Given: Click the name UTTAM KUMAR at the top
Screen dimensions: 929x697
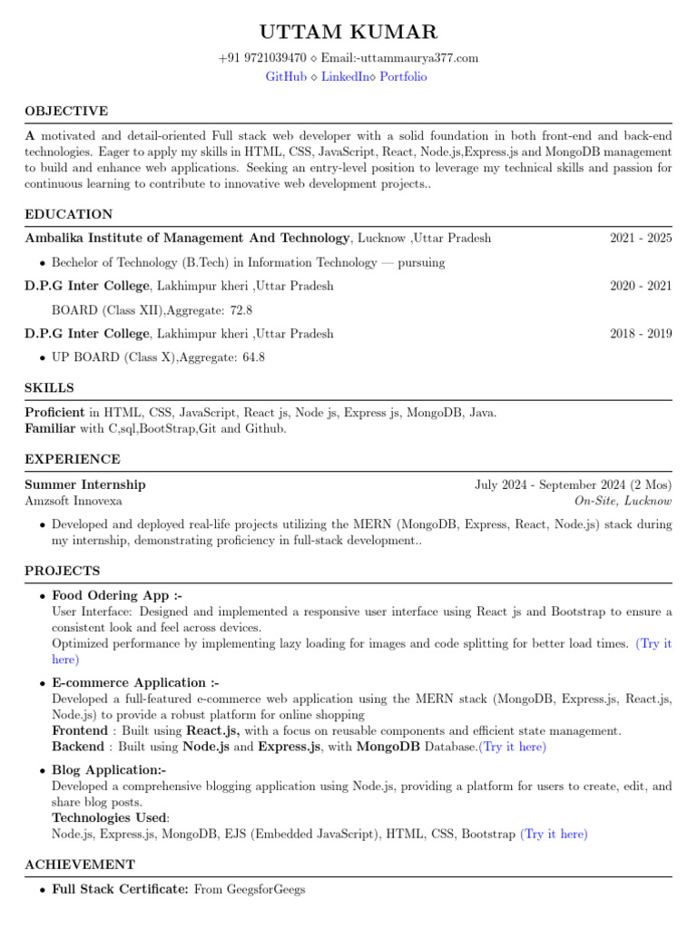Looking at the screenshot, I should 348,34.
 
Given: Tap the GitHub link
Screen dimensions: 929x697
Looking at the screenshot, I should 286,77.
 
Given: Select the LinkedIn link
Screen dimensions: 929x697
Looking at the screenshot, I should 345,77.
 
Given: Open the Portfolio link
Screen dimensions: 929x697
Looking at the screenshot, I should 403,77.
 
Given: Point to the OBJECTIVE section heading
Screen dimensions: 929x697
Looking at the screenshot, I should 66,112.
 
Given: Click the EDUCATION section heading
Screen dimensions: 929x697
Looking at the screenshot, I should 69,215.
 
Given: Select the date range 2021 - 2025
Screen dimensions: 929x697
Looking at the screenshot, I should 641,239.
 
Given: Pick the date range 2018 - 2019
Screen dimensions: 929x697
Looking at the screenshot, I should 641,334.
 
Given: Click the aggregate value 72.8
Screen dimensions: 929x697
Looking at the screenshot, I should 241,310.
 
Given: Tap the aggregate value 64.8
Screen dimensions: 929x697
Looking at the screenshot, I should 253,357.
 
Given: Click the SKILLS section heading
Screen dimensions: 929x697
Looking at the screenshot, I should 50,388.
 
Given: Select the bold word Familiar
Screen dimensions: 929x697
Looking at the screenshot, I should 51,428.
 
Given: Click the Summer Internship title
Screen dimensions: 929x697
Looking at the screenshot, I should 85,484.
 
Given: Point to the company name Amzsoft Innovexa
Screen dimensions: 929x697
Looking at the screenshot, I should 74,501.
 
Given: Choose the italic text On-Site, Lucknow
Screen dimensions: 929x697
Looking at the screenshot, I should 623,501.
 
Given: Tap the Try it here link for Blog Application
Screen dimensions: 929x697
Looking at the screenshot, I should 554,834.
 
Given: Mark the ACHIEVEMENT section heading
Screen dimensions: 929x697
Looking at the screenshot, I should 80,865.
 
